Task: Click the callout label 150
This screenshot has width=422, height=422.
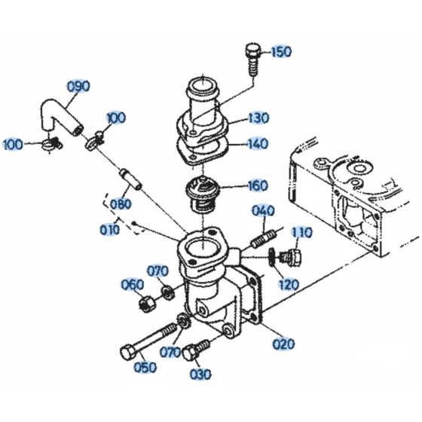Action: pos(280,51)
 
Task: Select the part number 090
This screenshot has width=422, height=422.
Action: pos(78,86)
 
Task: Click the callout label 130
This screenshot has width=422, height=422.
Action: pos(258,118)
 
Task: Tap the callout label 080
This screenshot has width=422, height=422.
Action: pos(121,203)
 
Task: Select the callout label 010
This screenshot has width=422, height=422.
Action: pos(110,228)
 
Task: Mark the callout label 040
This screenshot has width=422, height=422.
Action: pos(263,210)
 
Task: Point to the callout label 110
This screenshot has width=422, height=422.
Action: pos(301,232)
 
